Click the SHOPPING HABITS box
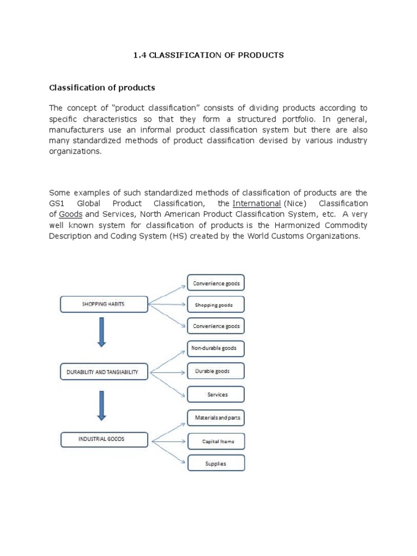point(103,305)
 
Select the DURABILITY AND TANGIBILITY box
point(103,372)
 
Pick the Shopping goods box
point(216,305)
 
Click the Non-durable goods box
point(216,348)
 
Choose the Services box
point(216,395)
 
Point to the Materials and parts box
point(216,418)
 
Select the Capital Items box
point(216,441)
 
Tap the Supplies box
point(216,464)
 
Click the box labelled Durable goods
point(216,371)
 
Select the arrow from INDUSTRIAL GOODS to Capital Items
point(168,440)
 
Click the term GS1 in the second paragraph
point(56,204)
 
